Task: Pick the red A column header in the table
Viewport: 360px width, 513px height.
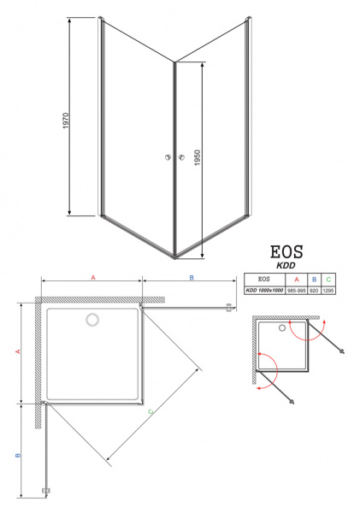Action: tap(296, 279)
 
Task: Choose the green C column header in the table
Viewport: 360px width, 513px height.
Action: tap(328, 279)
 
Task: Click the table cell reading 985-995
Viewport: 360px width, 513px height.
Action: tap(296, 290)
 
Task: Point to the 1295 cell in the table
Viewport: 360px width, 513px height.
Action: tap(328, 290)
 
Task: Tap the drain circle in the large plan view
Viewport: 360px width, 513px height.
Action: tap(91, 321)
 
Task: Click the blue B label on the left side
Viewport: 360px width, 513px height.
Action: tap(17, 455)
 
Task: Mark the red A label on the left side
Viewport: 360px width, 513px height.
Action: tap(17, 351)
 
